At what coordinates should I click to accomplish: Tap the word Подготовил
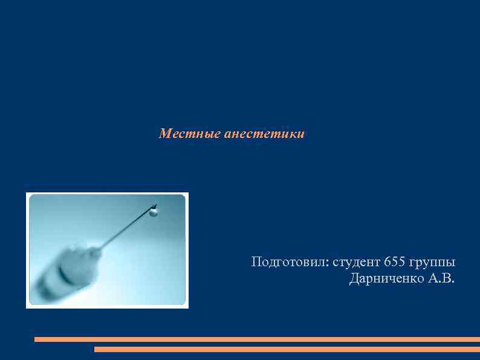288,263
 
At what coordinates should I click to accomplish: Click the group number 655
395,263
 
